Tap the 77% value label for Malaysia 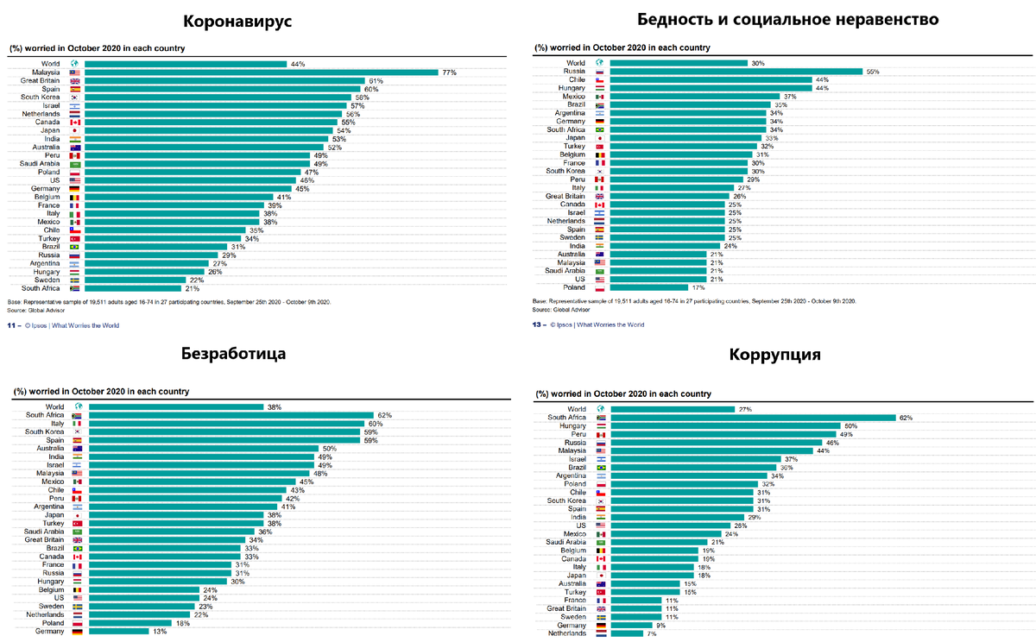(x=449, y=72)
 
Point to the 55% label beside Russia (x=873, y=72)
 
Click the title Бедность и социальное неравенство (x=786, y=20)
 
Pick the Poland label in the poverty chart (x=575, y=287)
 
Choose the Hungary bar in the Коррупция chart (x=725, y=426)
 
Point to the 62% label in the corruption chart (x=906, y=418)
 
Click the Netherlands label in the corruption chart (x=567, y=633)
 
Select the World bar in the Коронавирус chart (x=186, y=64)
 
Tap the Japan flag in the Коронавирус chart (x=75, y=130)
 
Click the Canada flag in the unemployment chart (x=77, y=557)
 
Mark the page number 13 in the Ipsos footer (x=536, y=325)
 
